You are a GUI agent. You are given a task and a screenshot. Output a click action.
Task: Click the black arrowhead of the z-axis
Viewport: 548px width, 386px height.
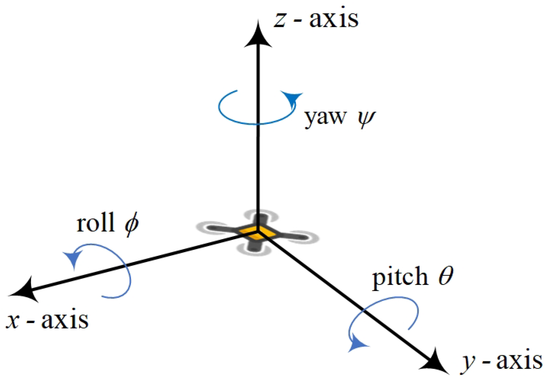click(x=258, y=36)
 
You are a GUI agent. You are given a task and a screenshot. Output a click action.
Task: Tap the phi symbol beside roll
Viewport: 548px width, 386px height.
click(x=132, y=224)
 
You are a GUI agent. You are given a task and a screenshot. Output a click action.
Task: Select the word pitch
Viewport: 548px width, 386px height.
click(x=400, y=277)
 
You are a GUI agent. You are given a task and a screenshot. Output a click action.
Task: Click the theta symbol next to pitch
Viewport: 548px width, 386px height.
click(x=446, y=276)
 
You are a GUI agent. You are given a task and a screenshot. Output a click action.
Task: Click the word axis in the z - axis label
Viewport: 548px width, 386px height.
click(x=333, y=19)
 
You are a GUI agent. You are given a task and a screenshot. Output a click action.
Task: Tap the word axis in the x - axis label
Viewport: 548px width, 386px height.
click(x=65, y=320)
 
